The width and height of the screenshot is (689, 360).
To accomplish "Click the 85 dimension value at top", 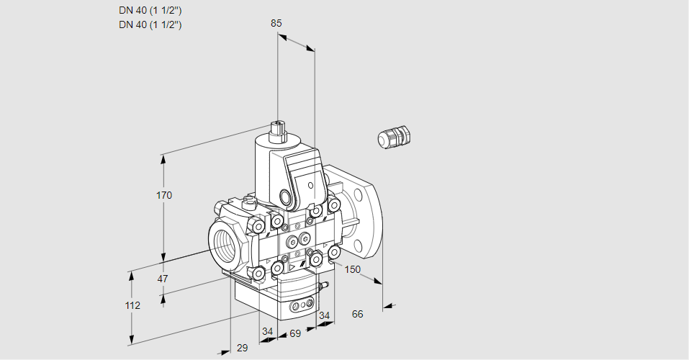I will tap(276, 23).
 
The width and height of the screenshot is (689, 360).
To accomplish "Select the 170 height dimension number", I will tap(164, 195).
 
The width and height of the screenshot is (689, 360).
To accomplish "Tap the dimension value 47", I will tap(163, 279).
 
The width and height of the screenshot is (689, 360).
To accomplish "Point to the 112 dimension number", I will tap(132, 305).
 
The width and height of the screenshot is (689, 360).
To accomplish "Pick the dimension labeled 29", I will tap(242, 348).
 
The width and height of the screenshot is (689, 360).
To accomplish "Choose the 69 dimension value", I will tap(294, 333).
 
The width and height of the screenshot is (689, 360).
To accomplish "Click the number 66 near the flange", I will tap(357, 314).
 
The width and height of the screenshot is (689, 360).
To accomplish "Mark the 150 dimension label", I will tap(352, 269).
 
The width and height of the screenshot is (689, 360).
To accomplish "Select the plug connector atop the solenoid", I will tap(277, 130).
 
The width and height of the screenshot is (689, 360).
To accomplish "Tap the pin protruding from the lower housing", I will tap(324, 286).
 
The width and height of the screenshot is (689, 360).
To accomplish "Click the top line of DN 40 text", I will tap(150, 10).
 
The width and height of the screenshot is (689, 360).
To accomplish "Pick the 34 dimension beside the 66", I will tap(324, 315).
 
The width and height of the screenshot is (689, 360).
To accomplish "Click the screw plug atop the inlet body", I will tap(249, 201).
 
